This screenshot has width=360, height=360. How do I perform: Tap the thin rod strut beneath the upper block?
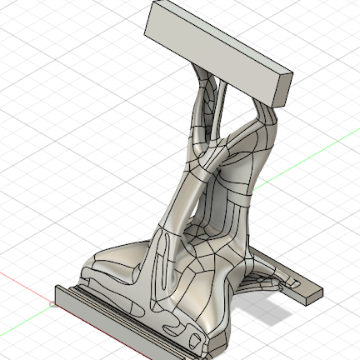point(219,108)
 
